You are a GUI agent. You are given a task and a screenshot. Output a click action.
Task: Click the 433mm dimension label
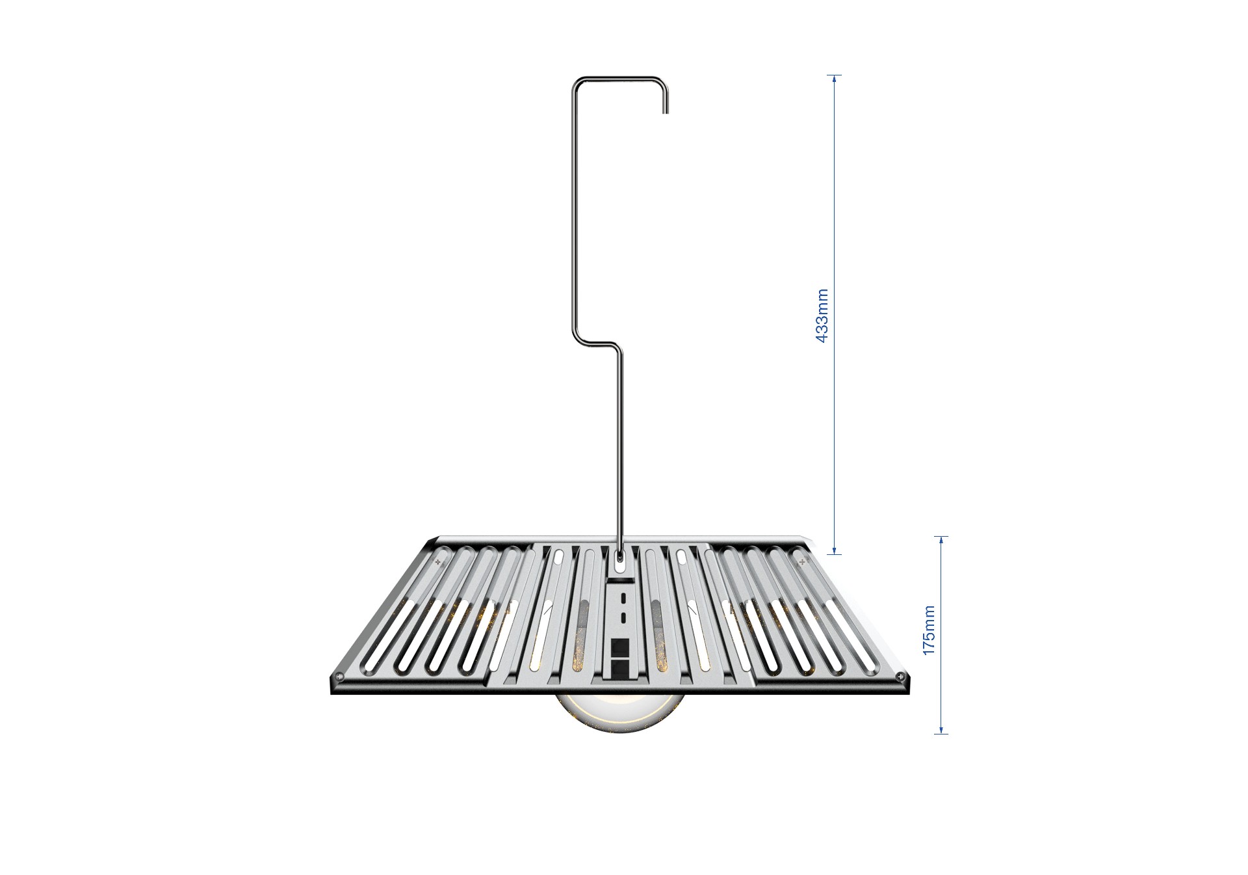coord(822,316)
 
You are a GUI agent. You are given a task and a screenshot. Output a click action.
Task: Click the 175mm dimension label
coord(929,630)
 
